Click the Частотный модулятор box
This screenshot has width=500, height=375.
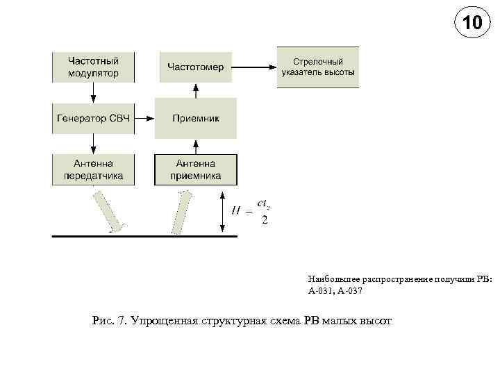click(94, 67)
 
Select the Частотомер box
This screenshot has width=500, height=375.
click(196, 67)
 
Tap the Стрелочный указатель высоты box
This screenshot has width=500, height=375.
click(318, 67)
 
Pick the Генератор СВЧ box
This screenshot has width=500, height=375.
click(93, 119)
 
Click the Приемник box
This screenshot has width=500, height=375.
click(196, 119)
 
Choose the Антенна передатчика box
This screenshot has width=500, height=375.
click(94, 169)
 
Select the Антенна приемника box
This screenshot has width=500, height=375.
click(196, 169)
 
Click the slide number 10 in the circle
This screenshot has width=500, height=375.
click(471, 24)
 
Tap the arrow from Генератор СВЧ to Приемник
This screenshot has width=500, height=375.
click(144, 119)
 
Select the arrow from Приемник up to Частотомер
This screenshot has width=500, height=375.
click(196, 90)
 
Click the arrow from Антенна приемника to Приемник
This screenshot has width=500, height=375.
click(196, 146)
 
